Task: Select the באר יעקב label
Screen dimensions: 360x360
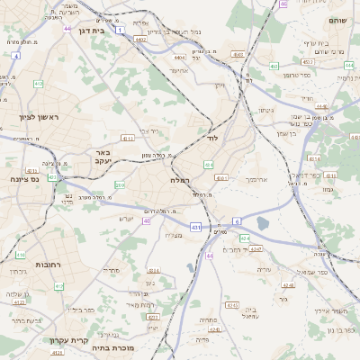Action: [x=102, y=158]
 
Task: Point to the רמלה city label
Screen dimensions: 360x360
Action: [x=179, y=180]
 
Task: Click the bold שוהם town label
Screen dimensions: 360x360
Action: [x=337, y=20]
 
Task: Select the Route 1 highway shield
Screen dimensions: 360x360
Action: [x=118, y=31]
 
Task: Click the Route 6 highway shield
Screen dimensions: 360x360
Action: [x=236, y=220]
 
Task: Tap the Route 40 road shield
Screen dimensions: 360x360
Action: [x=146, y=220]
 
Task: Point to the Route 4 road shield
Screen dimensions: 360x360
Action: [x=15, y=56]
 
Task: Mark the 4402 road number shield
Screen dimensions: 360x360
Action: [x=141, y=40]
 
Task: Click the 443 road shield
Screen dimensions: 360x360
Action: [x=208, y=165]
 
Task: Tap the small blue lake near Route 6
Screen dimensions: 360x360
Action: [x=262, y=222]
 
